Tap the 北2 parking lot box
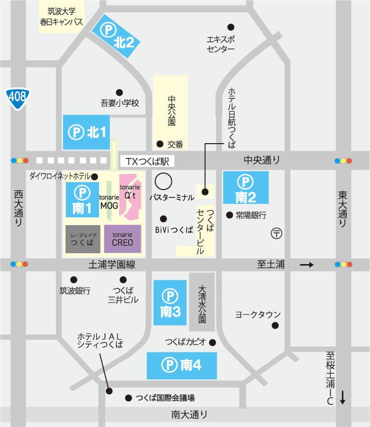[117, 36]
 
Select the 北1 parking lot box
[87, 132]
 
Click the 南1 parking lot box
[82, 200]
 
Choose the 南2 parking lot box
[245, 188]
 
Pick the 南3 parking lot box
[170, 303]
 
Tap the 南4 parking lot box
[182, 366]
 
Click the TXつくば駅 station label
[147, 161]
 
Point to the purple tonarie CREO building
[122, 239]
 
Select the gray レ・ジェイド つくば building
[83, 239]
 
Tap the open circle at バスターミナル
[164, 181]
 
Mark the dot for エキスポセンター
[230, 27]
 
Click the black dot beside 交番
[160, 144]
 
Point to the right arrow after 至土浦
[306, 265]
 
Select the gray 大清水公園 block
[202, 302]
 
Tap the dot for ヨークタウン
[275, 325]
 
